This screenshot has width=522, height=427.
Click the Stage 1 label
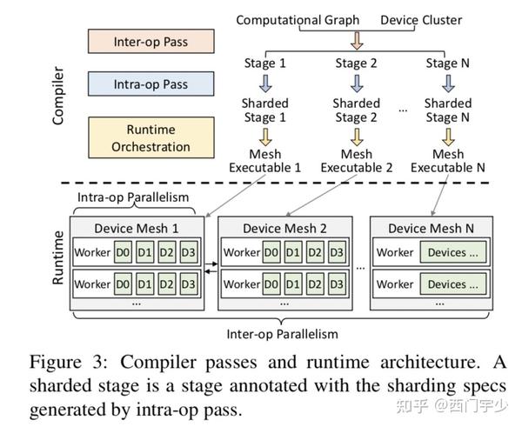pyautogui.click(x=264, y=62)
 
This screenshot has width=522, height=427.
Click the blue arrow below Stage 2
pyautogui.click(x=357, y=83)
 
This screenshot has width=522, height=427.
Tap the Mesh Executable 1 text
pyautogui.click(x=264, y=161)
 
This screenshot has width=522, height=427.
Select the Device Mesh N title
pyautogui.click(x=432, y=229)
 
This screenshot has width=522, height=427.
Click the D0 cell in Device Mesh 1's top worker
pyautogui.click(x=124, y=253)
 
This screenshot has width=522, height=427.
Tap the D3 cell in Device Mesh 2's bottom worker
pyautogui.click(x=338, y=284)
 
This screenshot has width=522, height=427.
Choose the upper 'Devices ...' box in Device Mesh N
pyautogui.click(x=453, y=253)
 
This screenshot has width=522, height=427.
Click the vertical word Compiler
pyautogui.click(x=59, y=96)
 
